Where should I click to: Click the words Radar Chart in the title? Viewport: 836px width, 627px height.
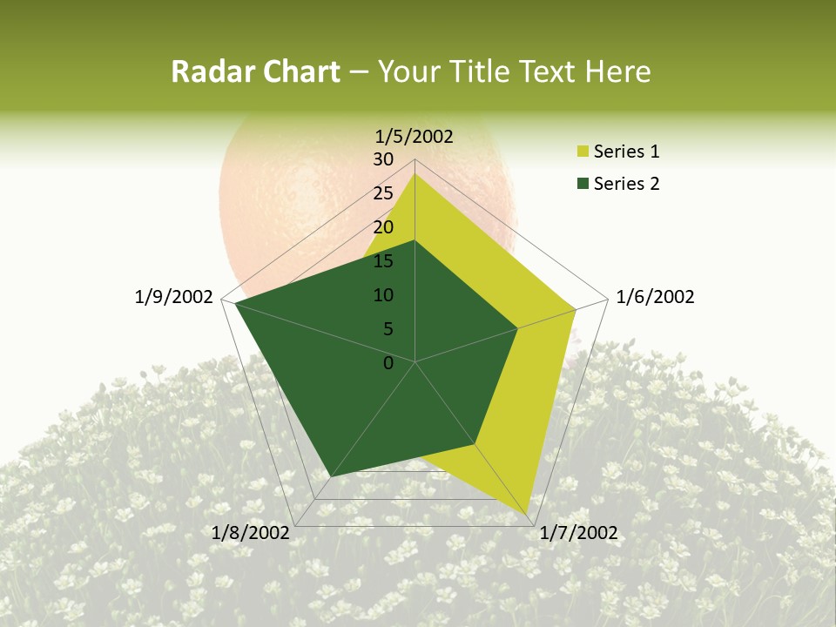pos(255,71)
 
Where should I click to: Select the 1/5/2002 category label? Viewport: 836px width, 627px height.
pos(415,136)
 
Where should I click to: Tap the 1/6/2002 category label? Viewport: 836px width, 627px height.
pos(655,297)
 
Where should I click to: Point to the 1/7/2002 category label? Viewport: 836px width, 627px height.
pos(579,533)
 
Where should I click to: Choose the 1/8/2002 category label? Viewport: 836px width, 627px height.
pos(251,533)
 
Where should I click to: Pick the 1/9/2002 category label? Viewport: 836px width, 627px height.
pos(174,297)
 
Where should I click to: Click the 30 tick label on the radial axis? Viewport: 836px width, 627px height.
pos(383,159)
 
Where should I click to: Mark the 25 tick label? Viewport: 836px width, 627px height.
pos(383,193)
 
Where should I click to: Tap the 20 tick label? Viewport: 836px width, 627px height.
pos(383,227)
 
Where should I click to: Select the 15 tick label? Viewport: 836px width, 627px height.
pos(383,261)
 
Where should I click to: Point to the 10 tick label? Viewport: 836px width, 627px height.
pos(383,295)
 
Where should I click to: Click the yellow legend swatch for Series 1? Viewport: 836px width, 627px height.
pos(582,152)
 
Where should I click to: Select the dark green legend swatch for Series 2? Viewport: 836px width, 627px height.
pos(582,184)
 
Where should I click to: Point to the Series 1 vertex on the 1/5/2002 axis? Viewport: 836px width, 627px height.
pos(415,172)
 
